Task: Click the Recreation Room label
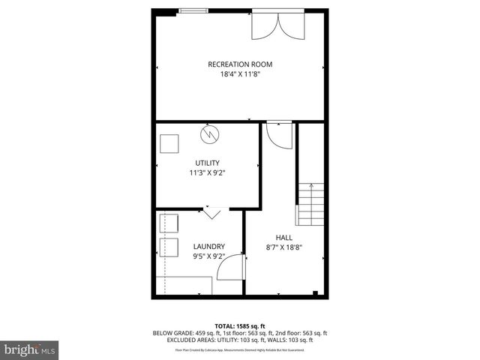pyautogui.click(x=239, y=64)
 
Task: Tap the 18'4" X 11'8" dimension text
pyautogui.click(x=239, y=75)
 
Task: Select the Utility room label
pyautogui.click(x=207, y=163)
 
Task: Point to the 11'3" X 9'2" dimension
pyautogui.click(x=207, y=173)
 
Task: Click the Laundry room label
pyautogui.click(x=208, y=246)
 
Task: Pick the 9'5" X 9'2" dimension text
pyautogui.click(x=208, y=256)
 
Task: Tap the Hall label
pyautogui.click(x=284, y=237)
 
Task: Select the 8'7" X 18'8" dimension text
pyautogui.click(x=284, y=247)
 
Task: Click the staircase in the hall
pyautogui.click(x=310, y=205)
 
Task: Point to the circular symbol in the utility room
pyautogui.click(x=210, y=135)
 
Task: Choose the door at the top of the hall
pyautogui.click(x=278, y=136)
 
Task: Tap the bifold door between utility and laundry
pyautogui.click(x=211, y=213)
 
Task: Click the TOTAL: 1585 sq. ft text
pyautogui.click(x=240, y=325)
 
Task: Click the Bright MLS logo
pyautogui.click(x=30, y=349)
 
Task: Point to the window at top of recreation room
pyautogui.click(x=194, y=10)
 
